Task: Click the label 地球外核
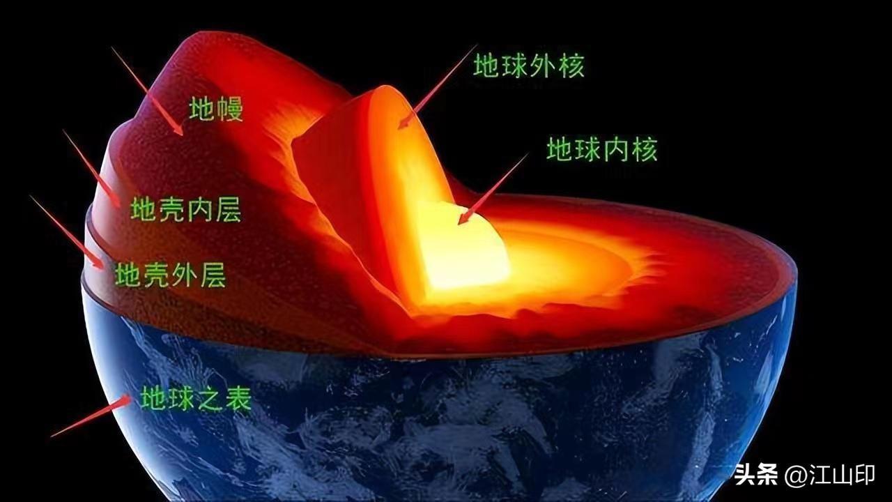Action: click(x=529, y=66)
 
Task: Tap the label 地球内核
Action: click(x=601, y=149)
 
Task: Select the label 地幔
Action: click(x=216, y=109)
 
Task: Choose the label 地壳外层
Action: click(x=171, y=275)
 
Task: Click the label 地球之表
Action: click(x=196, y=398)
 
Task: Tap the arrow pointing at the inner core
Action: click(x=493, y=189)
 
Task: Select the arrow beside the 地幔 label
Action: click(x=147, y=91)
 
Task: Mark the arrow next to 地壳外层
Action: click(x=67, y=232)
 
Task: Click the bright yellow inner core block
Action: click(x=464, y=249)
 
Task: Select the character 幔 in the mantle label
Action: click(x=230, y=109)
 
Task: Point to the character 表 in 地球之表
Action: click(x=238, y=398)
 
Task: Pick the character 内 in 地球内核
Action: click(x=616, y=149)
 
